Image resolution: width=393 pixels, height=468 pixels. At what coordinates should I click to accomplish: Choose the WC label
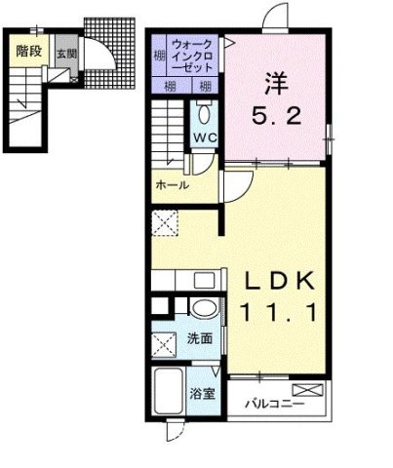205,136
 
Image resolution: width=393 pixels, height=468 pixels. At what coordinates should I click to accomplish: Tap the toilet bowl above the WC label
205,109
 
